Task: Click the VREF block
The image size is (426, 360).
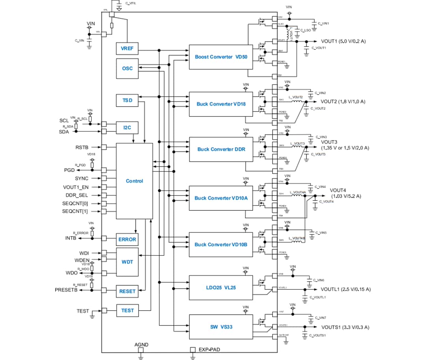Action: [x=127, y=49]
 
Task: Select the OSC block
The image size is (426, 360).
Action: [x=127, y=68]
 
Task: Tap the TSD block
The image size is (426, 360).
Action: [x=127, y=101]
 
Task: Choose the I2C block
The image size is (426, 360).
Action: [x=127, y=127]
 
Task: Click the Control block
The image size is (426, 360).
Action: [x=134, y=181]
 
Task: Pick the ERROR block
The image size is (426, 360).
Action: [x=127, y=239]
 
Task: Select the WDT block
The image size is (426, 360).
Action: [x=127, y=262]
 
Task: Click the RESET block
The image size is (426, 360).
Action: [x=127, y=291]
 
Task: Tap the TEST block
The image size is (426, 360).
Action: [x=127, y=311]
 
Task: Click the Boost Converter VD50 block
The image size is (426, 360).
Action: [x=220, y=57]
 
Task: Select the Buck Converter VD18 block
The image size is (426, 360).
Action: [x=220, y=104]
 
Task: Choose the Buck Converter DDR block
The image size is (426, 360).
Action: [x=220, y=149]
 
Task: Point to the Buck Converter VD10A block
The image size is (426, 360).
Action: [x=220, y=198]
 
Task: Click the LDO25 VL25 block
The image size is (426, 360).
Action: [x=220, y=287]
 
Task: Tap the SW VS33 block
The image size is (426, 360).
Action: [x=220, y=327]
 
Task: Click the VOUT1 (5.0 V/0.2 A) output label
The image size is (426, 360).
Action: [x=343, y=41]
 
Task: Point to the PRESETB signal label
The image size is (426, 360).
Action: [x=66, y=290]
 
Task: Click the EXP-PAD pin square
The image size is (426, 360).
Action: [x=193, y=350]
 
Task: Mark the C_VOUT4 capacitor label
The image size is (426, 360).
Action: [x=326, y=202]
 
